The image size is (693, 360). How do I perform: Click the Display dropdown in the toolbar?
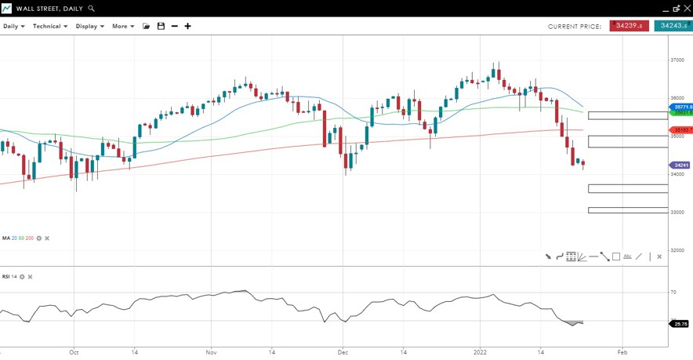[x=89, y=26]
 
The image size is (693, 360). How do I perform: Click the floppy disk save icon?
[x=161, y=26]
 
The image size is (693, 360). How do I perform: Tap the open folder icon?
[x=146, y=26]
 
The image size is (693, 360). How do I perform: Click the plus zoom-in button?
[x=187, y=26]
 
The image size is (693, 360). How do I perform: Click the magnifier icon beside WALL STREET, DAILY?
[x=92, y=9]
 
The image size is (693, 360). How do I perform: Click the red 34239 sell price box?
[x=629, y=26]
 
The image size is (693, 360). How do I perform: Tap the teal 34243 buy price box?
[x=673, y=26]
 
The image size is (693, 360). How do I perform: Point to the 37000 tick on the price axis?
[x=678, y=60]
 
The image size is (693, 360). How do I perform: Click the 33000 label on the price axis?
[x=678, y=213]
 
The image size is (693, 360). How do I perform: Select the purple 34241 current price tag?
[x=680, y=165]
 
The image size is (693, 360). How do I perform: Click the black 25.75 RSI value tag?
[x=680, y=324]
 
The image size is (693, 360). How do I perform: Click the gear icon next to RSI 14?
[x=22, y=277]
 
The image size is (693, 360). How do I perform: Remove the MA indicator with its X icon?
[x=47, y=238]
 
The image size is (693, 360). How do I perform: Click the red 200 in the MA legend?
[x=29, y=238]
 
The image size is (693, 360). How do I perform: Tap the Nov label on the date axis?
[x=212, y=353]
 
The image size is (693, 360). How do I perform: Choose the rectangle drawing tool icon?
[x=616, y=256]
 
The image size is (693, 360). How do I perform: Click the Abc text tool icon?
[x=627, y=256]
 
